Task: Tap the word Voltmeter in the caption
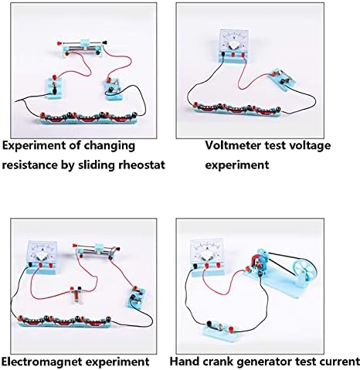click(233, 145)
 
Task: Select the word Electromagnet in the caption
click(42, 362)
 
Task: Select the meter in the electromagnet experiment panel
click(42, 256)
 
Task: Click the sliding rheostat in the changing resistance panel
click(83, 47)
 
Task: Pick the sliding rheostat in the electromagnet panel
click(97, 250)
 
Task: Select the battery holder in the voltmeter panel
click(237, 110)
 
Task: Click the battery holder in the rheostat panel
click(88, 118)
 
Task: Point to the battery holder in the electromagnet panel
click(64, 321)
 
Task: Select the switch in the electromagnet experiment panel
click(137, 297)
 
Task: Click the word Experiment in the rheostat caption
click(33, 146)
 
